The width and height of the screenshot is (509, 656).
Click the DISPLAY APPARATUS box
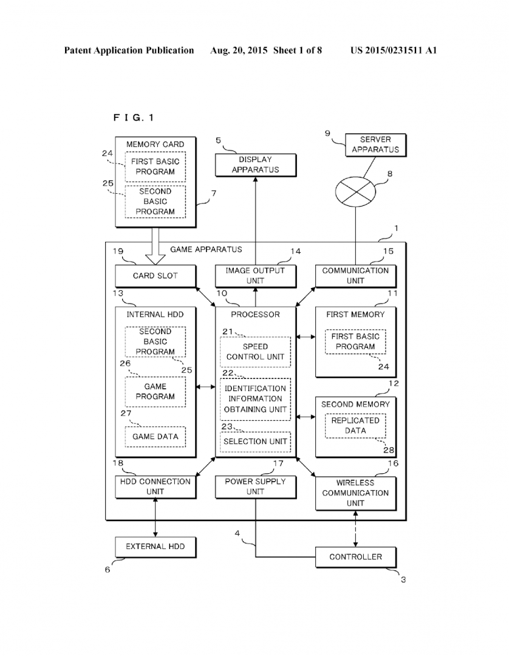click(255, 165)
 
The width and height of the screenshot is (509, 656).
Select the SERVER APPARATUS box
click(375, 145)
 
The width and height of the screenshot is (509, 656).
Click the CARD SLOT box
click(155, 276)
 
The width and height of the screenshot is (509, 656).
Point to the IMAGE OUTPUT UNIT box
click(255, 276)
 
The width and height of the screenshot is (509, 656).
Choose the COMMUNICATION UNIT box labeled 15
click(355, 276)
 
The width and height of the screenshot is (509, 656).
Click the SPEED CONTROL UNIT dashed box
click(255, 352)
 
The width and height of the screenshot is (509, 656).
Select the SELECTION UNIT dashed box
click(255, 442)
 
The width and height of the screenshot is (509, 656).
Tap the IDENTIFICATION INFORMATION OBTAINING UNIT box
click(255, 399)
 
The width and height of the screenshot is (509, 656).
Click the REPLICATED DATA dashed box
click(355, 425)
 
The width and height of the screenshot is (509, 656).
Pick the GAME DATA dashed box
click(155, 437)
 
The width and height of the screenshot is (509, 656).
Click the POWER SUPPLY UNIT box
click(255, 487)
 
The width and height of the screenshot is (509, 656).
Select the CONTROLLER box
click(355, 557)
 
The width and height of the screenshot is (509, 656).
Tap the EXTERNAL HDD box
click(155, 547)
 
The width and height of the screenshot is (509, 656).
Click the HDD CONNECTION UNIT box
click(155, 487)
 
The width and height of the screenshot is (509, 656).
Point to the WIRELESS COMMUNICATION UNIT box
click(355, 493)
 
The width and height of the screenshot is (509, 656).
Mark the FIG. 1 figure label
click(134, 118)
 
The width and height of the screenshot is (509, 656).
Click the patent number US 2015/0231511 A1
click(393, 50)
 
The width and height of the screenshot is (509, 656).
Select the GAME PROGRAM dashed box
click(155, 392)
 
